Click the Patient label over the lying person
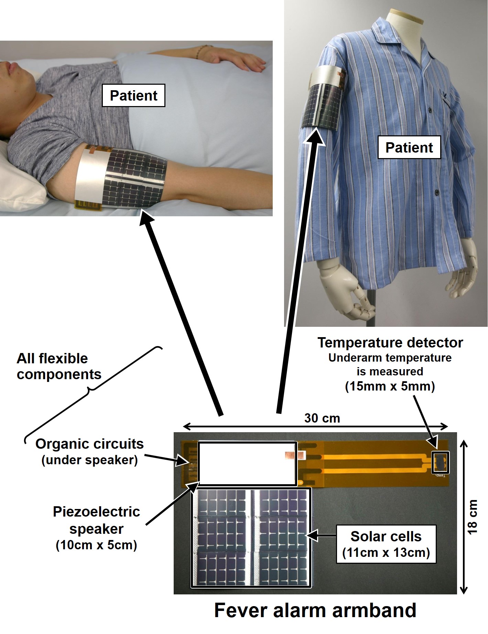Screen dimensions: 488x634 133,95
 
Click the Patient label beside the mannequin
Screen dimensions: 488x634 409,147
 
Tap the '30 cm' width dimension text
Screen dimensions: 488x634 322,418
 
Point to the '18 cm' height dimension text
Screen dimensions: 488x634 473,517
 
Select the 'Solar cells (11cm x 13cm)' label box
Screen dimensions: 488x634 386,544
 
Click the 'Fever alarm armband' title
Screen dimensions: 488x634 315,610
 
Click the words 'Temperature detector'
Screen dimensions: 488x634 390,343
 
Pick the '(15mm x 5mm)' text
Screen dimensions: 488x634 390,386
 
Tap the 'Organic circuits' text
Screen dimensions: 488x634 89,444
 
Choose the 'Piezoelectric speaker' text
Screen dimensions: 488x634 96,520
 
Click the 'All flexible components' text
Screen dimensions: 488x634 59,366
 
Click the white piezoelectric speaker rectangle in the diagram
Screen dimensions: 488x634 247,464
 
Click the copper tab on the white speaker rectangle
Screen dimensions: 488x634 290,456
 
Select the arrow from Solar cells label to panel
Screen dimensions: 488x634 321,535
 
